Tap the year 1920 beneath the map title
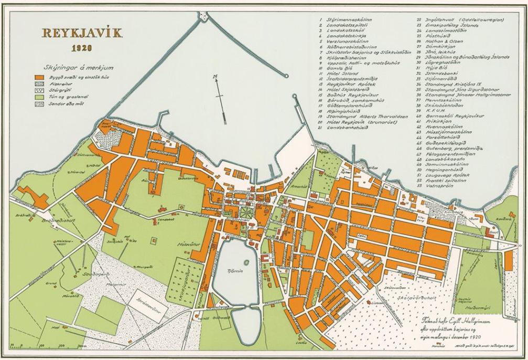tap(82, 48)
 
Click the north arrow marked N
tap(221, 97)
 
